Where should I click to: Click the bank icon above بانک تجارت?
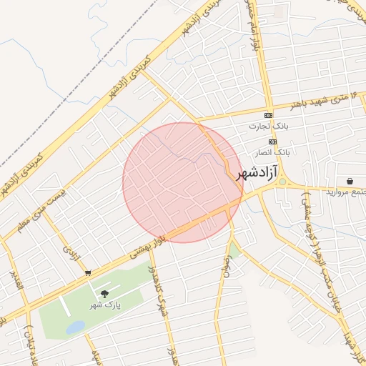click(x=268, y=115)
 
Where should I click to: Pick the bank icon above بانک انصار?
click(x=272, y=142)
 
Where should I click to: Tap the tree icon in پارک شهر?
click(x=105, y=294)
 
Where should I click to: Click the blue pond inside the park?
click(x=75, y=327)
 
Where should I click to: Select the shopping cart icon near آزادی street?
click(x=87, y=272)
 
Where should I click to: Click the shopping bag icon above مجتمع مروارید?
click(x=350, y=181)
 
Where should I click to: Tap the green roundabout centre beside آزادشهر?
click(x=282, y=182)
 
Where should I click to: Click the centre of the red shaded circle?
click(x=182, y=182)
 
